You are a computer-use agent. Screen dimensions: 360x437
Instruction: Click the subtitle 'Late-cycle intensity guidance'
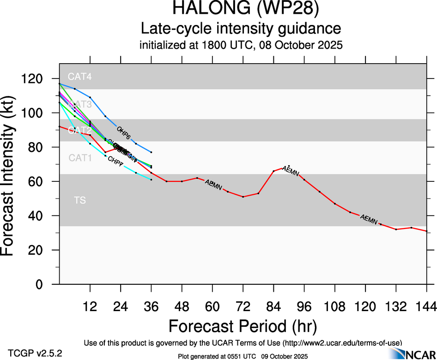tap(241, 29)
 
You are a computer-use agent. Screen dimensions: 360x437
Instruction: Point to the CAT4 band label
tap(79, 77)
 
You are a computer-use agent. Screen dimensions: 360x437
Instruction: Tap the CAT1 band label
tap(80, 158)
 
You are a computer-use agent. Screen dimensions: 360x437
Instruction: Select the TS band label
tap(79, 200)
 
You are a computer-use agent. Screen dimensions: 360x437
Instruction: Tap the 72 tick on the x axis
tap(243, 306)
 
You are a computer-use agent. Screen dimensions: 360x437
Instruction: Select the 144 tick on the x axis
tap(426, 306)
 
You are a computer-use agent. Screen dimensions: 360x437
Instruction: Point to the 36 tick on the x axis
tap(151, 306)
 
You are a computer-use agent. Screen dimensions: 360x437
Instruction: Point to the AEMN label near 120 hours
tap(369, 219)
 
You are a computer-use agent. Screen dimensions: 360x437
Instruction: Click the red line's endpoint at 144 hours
tap(426, 231)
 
